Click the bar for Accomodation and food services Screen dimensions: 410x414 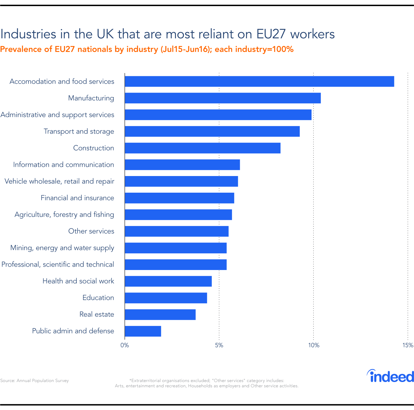pyautogui.click(x=259, y=82)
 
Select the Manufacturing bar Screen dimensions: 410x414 pyautogui.click(x=223, y=98)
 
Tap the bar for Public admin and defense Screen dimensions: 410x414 pyautogui.click(x=143, y=331)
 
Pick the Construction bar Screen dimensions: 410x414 pyautogui.click(x=202, y=148)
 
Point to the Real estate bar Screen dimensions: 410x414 pyautogui.click(x=160, y=314)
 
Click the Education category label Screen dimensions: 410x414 pyautogui.click(x=98, y=298)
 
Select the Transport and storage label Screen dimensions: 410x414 pyautogui.click(x=79, y=131)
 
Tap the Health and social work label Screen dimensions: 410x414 pyautogui.click(x=78, y=281)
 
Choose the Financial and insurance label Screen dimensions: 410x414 pyautogui.click(x=77, y=198)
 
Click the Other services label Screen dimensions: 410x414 pyautogui.click(x=91, y=231)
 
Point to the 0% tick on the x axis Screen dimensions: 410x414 pyautogui.click(x=125, y=345)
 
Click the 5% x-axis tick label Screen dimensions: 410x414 pyautogui.click(x=219, y=345)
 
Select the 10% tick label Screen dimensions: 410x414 pyautogui.click(x=313, y=345)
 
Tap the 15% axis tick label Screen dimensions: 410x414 pyautogui.click(x=408, y=345)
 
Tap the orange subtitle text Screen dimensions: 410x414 pyautogui.click(x=147, y=49)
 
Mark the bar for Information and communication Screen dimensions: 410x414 pyautogui.click(x=182, y=165)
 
